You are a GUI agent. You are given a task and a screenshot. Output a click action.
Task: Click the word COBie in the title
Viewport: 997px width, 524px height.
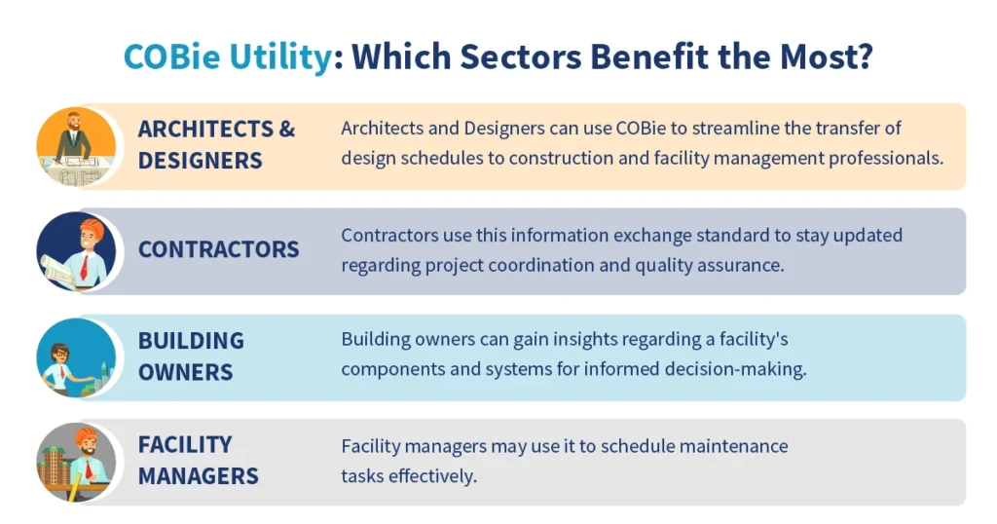coord(174,56)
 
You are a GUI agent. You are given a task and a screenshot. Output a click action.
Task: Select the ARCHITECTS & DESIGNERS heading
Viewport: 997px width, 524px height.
coord(216,144)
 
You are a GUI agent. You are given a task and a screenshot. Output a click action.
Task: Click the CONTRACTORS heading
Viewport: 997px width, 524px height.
coord(218,249)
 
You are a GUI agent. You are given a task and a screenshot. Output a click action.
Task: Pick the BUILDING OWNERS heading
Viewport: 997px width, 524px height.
coord(191,356)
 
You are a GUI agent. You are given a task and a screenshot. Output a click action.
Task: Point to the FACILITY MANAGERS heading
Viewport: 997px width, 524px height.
coord(198,460)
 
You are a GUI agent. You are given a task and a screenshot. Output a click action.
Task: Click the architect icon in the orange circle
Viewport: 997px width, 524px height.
coord(76,146)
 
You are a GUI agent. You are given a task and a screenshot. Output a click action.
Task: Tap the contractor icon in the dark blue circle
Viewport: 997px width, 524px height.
coord(76,251)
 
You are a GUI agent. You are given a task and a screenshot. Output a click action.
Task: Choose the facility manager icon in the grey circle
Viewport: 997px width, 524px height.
coord(76,462)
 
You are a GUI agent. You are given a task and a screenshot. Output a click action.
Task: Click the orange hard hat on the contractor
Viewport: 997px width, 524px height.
coord(91,227)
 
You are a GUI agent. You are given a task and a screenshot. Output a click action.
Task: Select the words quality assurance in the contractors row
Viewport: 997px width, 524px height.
coord(716,263)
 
